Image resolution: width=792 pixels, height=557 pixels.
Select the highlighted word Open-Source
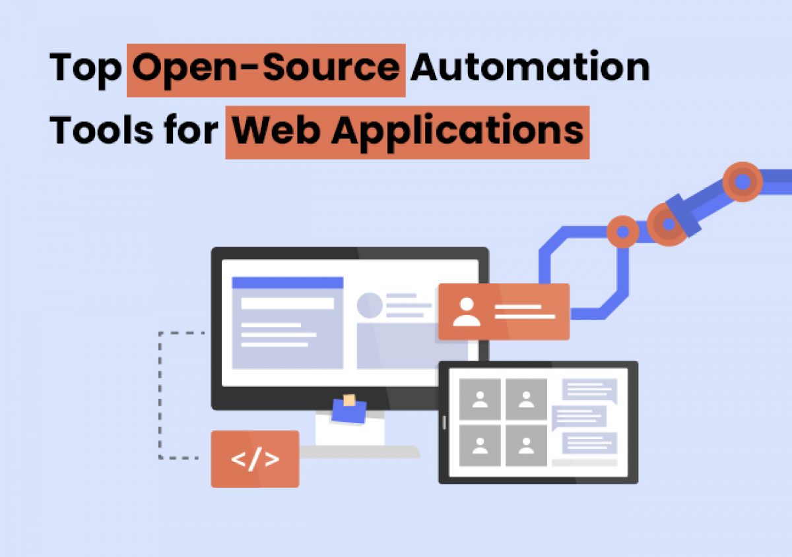(266, 69)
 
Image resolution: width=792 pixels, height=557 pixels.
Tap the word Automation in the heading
(529, 68)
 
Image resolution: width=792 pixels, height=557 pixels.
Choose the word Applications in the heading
(457, 131)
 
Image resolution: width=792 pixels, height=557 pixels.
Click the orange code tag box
(255, 459)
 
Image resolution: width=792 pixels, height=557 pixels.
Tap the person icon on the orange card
(467, 311)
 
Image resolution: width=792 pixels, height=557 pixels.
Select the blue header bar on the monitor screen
(288, 283)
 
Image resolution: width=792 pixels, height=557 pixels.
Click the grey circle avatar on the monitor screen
(370, 305)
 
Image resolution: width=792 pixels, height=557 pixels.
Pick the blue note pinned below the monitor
(349, 410)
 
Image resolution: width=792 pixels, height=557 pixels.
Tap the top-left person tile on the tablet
(480, 399)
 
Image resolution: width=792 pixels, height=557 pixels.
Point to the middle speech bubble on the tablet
(579, 416)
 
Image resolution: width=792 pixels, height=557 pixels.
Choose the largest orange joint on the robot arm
(742, 181)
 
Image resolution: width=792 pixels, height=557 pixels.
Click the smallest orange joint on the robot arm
(622, 231)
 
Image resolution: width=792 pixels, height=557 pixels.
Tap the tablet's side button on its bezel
(444, 422)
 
